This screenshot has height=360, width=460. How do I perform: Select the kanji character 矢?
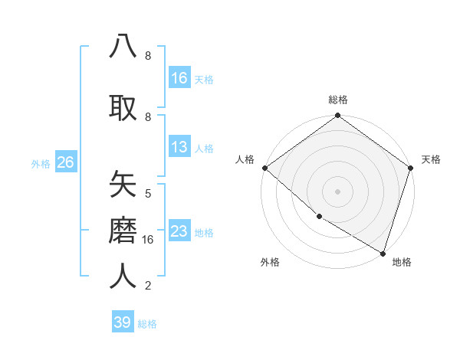click(x=123, y=185)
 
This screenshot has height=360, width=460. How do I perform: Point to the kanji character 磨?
click(x=123, y=229)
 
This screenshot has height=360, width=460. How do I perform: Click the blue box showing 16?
click(x=179, y=78)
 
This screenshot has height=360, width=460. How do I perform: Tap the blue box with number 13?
click(x=179, y=147)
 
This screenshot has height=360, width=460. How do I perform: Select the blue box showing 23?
click(x=179, y=231)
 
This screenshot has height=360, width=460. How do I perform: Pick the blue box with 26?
click(x=65, y=162)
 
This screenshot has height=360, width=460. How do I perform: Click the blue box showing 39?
click(x=123, y=322)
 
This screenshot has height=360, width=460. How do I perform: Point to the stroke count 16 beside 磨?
click(x=149, y=240)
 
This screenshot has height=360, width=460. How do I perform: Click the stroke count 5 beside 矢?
click(x=148, y=193)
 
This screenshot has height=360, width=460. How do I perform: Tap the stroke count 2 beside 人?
click(x=148, y=286)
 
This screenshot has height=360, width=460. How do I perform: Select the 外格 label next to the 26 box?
click(x=41, y=163)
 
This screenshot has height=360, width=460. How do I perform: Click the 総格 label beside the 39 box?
click(x=147, y=323)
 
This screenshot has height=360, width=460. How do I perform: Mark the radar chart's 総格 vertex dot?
click(x=337, y=116)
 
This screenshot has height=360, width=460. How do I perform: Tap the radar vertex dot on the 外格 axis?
click(x=319, y=216)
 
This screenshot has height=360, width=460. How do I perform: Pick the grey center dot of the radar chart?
click(x=337, y=191)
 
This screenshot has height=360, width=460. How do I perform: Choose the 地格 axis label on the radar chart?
click(x=402, y=262)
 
